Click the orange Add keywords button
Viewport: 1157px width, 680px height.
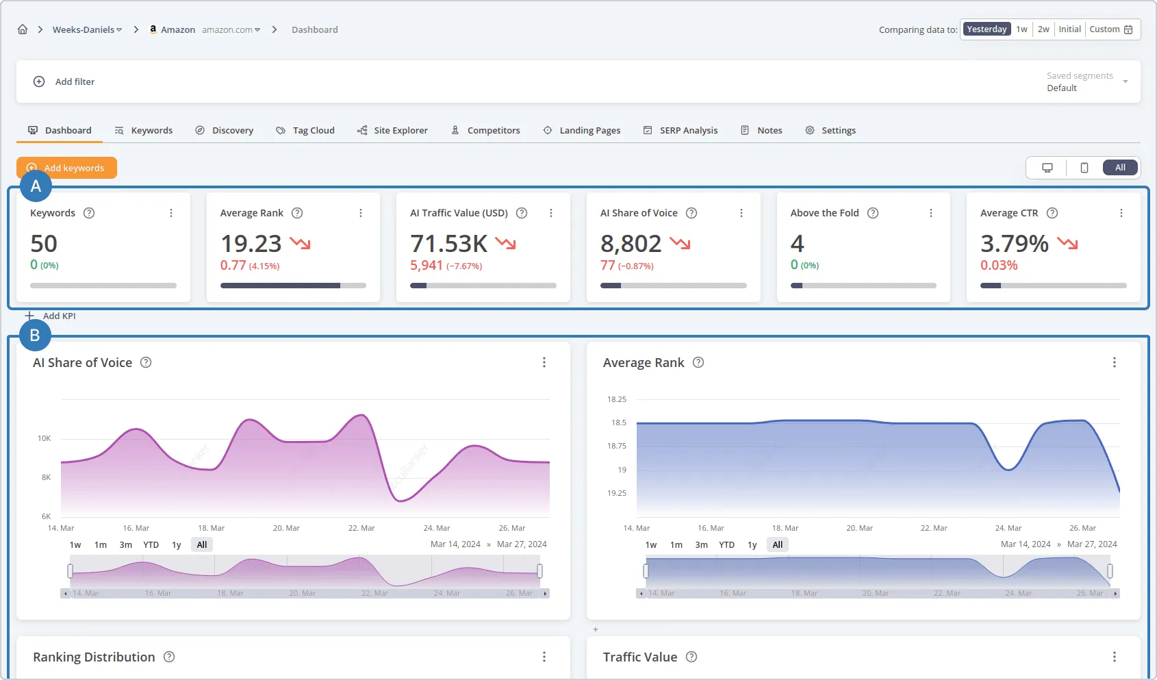(67, 168)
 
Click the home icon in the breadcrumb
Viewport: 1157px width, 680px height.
(23, 29)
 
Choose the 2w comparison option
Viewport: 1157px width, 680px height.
(1043, 29)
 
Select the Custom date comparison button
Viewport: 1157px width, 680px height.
(1110, 29)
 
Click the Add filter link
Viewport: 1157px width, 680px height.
(75, 81)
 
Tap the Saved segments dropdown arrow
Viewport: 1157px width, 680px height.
(1125, 81)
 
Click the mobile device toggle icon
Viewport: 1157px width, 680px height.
(1084, 168)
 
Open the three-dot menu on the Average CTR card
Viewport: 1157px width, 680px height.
(1121, 213)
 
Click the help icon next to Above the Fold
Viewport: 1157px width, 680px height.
(873, 213)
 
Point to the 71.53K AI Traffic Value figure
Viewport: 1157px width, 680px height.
(449, 244)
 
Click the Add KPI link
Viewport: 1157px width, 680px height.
(59, 316)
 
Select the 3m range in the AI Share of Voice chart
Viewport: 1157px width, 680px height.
(126, 545)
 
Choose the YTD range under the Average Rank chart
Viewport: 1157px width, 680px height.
(726, 545)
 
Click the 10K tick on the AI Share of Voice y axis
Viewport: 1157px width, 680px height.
(44, 438)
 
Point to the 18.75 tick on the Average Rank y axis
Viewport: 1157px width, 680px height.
(616, 446)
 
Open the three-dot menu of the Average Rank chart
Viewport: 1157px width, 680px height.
(1114, 362)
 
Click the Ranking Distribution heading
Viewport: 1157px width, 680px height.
(94, 657)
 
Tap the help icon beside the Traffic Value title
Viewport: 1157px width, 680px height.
(691, 657)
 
